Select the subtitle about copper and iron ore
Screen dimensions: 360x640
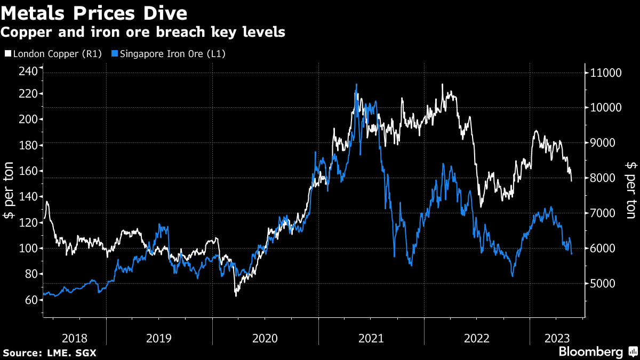click(142, 33)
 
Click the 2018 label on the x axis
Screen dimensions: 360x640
click(74, 338)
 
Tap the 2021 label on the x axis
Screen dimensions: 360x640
click(371, 338)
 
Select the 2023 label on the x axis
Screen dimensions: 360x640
click(557, 338)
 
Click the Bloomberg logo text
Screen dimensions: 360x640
click(590, 351)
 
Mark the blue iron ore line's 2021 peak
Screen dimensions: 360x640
click(356, 84)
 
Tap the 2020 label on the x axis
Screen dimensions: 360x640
click(265, 338)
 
